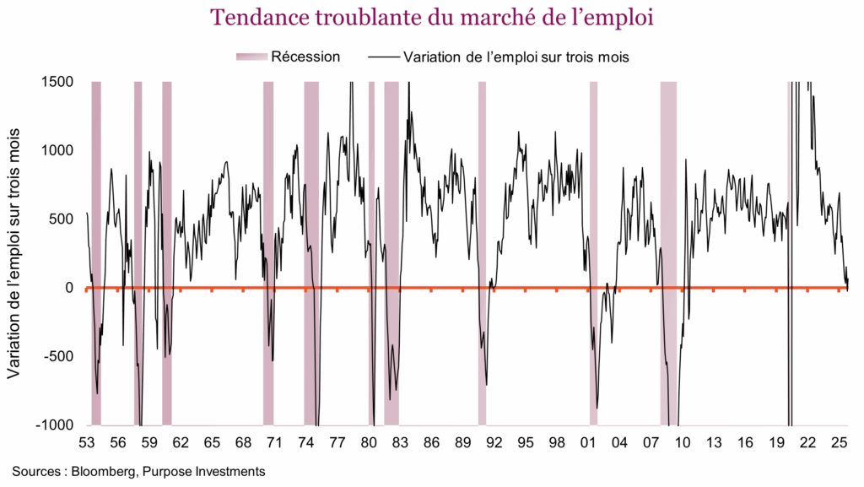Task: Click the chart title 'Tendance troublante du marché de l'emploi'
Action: pos(432,17)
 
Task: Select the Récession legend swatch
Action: pos(251,57)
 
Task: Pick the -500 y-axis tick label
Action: pos(57,356)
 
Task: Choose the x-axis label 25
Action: pos(839,442)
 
